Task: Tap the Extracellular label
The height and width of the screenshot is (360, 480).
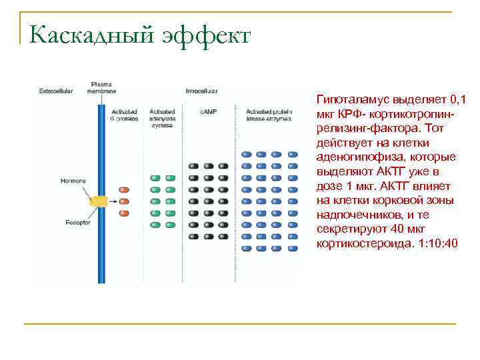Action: point(56,91)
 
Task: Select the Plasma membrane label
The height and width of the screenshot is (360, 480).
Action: point(101,87)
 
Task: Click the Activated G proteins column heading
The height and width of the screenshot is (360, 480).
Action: point(124,115)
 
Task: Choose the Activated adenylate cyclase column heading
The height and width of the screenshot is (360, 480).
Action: point(163,118)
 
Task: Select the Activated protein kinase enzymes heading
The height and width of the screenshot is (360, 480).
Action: point(269,115)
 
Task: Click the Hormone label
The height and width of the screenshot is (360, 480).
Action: point(73,181)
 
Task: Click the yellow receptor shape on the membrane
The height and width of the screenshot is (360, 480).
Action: point(99,200)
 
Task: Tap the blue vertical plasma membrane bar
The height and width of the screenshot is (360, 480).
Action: point(101,253)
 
